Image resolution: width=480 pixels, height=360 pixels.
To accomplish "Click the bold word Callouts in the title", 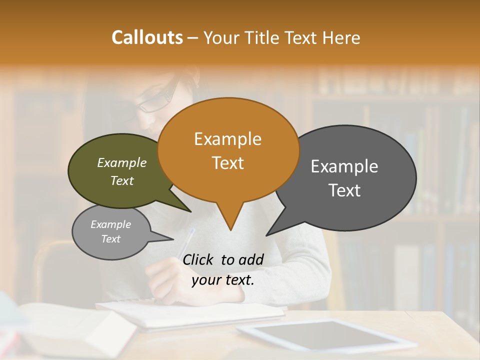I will pos(147,37).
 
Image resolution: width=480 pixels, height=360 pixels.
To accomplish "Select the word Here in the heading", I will pos(341,38).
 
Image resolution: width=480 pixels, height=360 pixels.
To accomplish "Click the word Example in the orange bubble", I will pos(227,139).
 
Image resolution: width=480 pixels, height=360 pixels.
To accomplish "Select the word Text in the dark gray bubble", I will pos(344,190).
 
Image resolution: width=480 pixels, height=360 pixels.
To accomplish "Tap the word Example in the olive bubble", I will pos(121,163).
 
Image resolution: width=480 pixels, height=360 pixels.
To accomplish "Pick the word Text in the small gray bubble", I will pos(110,239).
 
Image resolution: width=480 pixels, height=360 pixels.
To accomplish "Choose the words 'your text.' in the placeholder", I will pos(223,280).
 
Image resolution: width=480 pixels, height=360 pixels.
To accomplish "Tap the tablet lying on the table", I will pos(325,335).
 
